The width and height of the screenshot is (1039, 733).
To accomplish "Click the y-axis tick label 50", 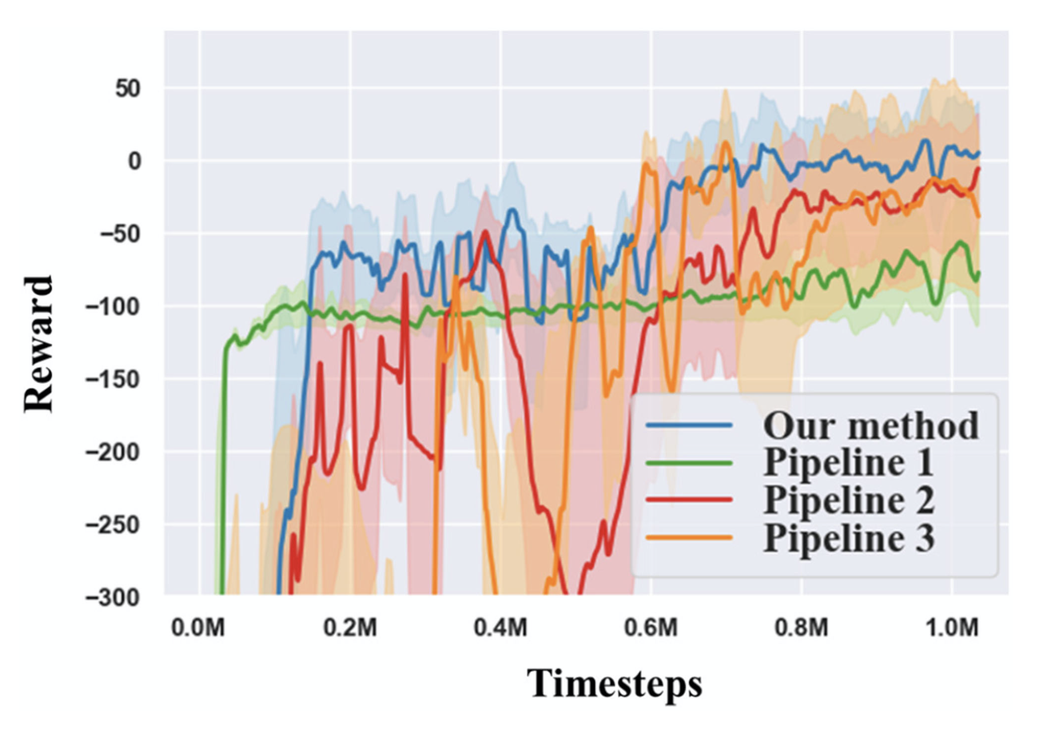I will point(128,89).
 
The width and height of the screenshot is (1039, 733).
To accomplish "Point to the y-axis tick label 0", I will point(134,162).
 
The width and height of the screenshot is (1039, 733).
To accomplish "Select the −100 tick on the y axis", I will point(112,307).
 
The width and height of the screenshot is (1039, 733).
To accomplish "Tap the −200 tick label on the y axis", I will point(112,452).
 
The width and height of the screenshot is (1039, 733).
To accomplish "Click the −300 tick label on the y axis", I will point(112,597).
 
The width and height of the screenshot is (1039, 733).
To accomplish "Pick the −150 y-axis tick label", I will point(112,379).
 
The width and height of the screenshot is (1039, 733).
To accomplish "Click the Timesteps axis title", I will point(614,683).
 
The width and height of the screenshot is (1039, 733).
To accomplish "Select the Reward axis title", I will point(38,344).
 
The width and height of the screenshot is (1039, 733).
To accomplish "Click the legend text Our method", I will point(871,425).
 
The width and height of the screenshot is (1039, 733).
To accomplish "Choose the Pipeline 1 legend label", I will point(848,463).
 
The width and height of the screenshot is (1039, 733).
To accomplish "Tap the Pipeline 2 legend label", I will point(849,500).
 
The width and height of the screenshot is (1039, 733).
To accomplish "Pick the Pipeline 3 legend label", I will point(849,538).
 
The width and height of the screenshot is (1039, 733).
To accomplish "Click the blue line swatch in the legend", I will point(689,425).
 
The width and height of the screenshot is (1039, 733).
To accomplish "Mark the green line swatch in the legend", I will point(689,463).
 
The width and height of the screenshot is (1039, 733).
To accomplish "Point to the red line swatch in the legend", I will point(689,500).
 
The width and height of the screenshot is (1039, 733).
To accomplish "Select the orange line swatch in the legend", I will point(689,538).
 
